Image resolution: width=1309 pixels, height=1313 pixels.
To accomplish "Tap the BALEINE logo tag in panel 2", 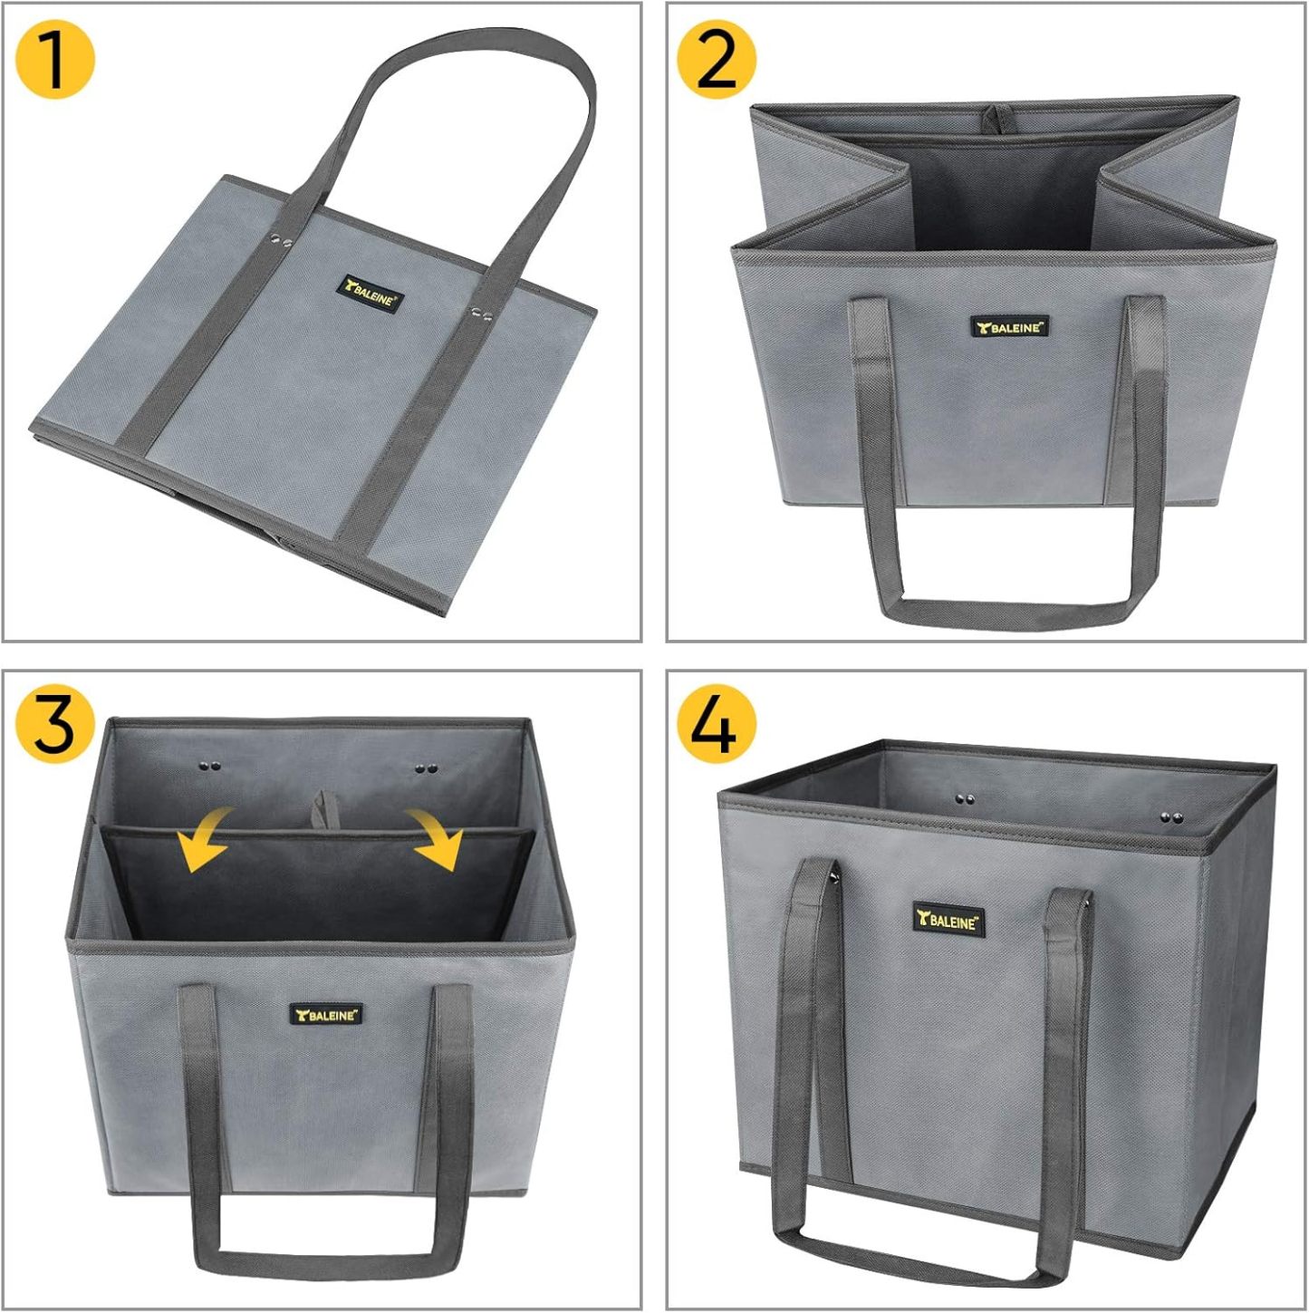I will (x=1009, y=326).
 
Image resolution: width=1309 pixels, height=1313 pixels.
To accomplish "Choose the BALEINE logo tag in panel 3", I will (x=326, y=1014).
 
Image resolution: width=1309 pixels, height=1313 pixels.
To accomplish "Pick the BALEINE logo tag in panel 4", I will (x=948, y=921).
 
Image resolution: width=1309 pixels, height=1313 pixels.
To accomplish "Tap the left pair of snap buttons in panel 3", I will (x=211, y=766).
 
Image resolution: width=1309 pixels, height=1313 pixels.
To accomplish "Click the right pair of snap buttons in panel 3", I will (x=427, y=769).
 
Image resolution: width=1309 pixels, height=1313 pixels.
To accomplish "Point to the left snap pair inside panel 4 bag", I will (x=965, y=799).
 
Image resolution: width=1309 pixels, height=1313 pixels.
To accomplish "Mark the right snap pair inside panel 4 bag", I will (x=1171, y=817).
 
